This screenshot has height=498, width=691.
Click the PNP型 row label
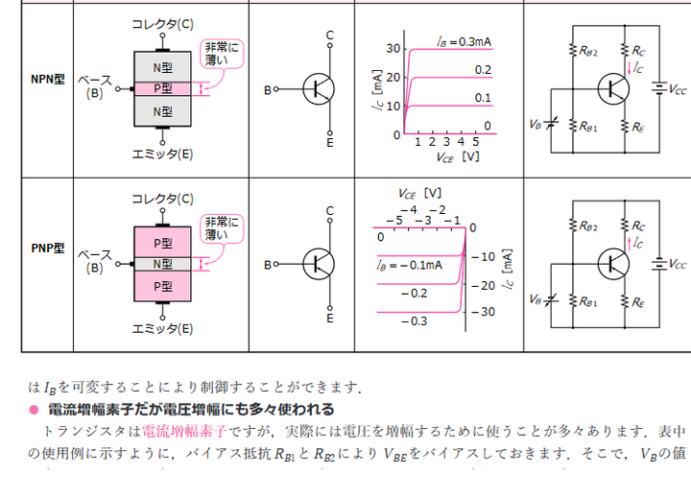(x=46, y=248)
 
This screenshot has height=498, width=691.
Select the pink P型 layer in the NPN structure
(x=163, y=88)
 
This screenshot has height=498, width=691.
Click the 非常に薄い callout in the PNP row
(x=223, y=228)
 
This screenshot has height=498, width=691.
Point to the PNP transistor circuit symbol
(x=318, y=263)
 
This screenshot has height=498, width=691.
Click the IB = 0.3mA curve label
(x=464, y=41)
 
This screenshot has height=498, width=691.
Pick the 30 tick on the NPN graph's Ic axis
(x=393, y=48)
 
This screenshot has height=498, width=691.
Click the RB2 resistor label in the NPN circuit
(x=589, y=51)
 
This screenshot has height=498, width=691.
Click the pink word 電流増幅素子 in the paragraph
(x=183, y=430)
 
